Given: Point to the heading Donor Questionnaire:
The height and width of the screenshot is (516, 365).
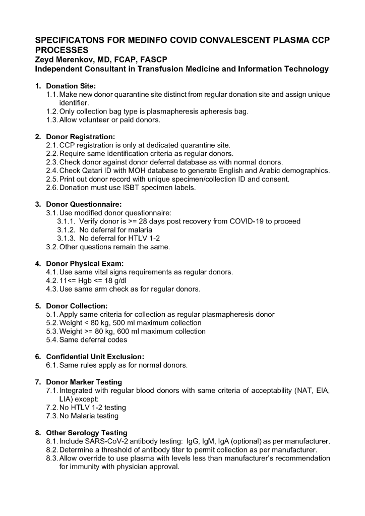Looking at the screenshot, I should tap(84, 204).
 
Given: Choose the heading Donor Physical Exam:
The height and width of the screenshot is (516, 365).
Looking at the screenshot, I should tap(85, 263).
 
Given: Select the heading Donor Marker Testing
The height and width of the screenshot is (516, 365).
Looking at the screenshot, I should tap(84, 382).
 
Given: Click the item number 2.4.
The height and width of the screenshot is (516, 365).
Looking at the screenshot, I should tap(51, 170).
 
